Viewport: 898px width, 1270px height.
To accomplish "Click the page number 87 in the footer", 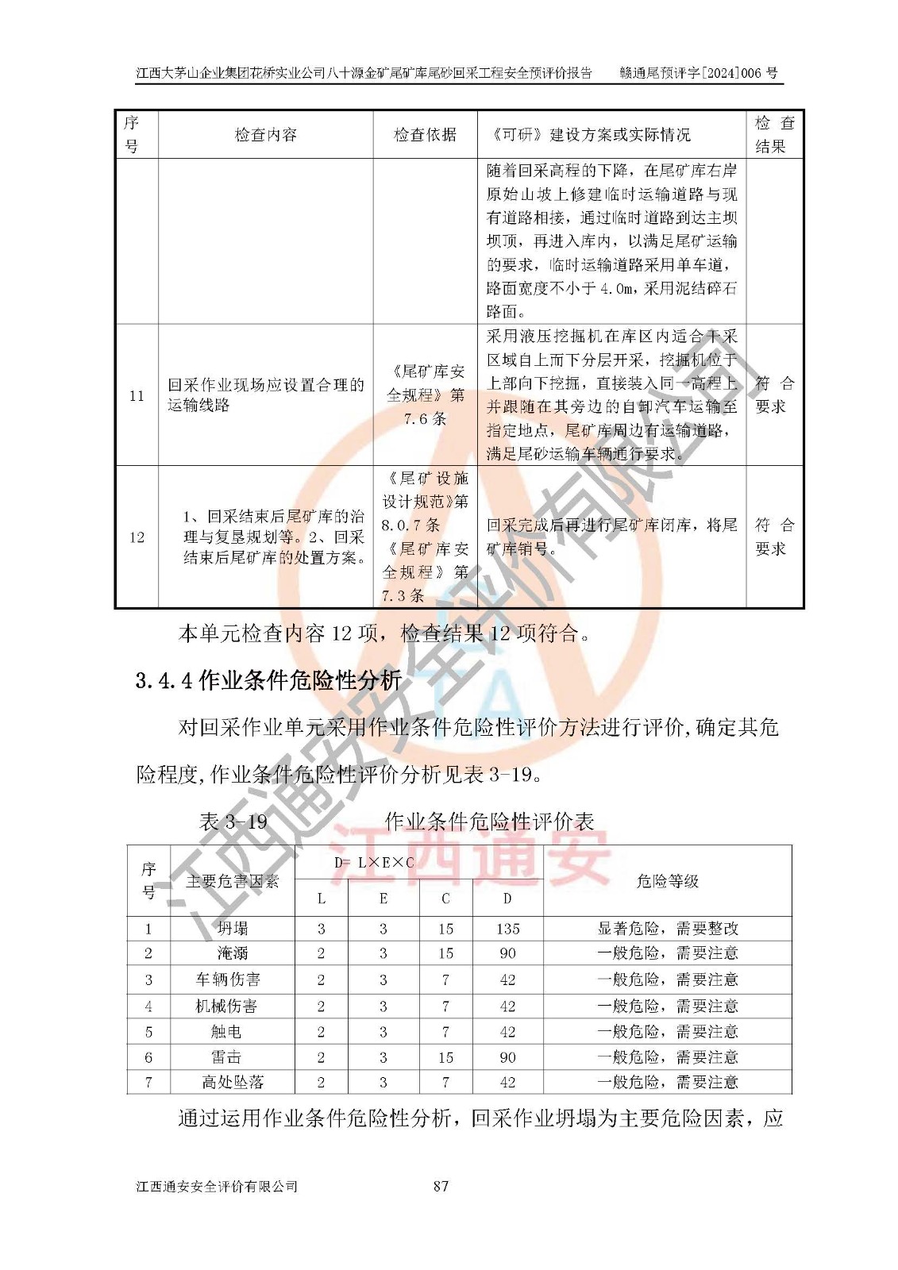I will pos(441,1186).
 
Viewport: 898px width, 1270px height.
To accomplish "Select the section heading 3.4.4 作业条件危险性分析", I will pos(268,680).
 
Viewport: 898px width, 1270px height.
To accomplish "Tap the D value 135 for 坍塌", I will pos(507,928).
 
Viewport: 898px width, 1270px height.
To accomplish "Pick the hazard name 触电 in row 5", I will pos(226,1031).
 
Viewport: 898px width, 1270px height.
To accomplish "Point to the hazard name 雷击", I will pos(226,1056).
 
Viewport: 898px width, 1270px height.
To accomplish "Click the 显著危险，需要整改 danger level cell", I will pos(667,928).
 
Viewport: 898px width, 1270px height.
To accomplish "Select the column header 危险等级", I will pos(667,880).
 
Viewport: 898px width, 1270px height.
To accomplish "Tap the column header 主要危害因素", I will pos(232,881).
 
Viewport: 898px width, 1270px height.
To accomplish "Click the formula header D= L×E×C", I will pos(374,862).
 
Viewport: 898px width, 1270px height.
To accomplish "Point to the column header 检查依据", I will pos(425,134).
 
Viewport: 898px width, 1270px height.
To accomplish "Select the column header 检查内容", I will pos(265,134).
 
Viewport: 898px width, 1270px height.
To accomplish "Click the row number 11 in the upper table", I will pos(137,395).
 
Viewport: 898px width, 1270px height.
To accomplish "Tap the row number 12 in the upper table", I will pos(137,537).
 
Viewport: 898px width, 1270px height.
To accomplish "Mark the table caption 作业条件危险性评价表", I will pos(489,821).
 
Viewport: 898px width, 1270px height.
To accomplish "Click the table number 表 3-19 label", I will pos(233,821).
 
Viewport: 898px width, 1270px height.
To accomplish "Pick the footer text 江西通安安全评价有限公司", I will pos(217,1186).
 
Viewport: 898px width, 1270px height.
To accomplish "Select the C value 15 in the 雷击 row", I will pos(445,1056).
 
